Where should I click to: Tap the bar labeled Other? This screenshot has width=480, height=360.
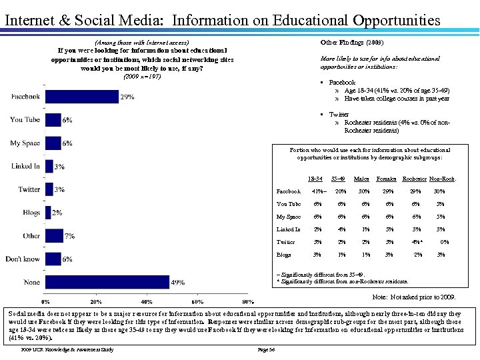tap(54, 236)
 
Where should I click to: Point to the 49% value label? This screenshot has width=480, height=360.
tap(177, 283)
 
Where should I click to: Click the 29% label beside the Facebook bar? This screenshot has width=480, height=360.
tap(128, 97)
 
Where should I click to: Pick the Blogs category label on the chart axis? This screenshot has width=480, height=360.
tap(31, 213)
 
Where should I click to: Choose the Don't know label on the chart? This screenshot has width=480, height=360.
tap(23, 259)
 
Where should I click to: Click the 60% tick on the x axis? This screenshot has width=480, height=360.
tap(197, 302)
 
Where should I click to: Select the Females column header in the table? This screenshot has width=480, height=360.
tap(386, 179)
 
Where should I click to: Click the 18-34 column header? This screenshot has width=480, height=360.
tap(315, 179)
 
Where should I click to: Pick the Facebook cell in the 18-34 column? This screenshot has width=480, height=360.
tap(317, 191)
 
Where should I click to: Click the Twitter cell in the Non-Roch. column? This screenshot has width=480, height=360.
tap(444, 242)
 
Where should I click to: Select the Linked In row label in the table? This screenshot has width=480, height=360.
tap(288, 229)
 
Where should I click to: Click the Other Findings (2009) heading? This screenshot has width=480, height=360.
tap(352, 42)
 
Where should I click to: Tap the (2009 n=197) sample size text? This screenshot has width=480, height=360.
tap(142, 76)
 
